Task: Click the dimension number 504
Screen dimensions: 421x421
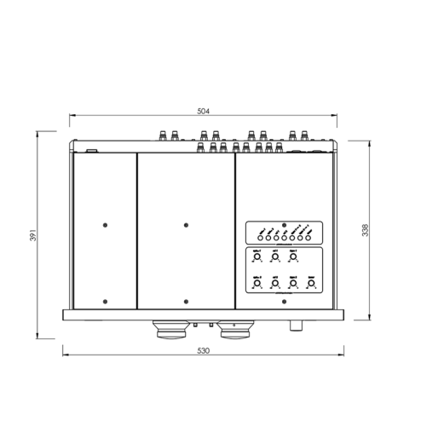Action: pos(203,112)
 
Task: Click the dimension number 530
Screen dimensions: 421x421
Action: pos(203,351)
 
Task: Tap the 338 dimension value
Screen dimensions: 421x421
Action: pos(389,229)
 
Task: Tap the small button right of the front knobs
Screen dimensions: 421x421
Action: pos(298,324)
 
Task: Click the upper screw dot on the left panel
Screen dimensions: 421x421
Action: pos(105,225)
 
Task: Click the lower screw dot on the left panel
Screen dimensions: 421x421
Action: pos(105,300)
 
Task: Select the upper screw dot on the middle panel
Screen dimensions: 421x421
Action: pos(186,225)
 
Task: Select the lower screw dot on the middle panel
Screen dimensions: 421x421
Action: pos(186,300)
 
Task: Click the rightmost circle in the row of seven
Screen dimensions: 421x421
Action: pos(309,237)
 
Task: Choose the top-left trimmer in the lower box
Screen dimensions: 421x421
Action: pos(257,256)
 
